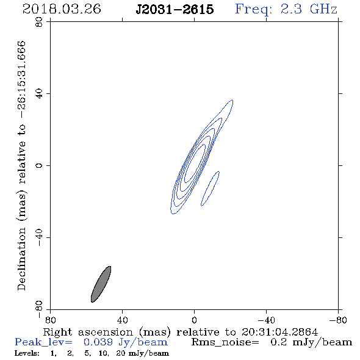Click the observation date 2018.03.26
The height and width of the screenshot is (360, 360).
(62, 9)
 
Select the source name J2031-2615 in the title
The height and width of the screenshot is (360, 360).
(175, 9)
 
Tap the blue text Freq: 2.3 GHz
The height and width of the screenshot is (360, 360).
(286, 9)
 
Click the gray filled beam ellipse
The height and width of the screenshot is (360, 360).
(101, 284)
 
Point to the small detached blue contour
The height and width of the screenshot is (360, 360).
(210, 189)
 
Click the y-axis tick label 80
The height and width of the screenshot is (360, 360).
(39, 22)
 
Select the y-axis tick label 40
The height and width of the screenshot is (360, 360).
(39, 94)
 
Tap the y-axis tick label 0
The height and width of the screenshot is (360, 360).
(39, 165)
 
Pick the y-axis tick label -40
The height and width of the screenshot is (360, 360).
(39, 237)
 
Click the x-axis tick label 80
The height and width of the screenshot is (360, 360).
(50, 320)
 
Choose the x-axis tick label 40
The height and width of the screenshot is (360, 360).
(122, 320)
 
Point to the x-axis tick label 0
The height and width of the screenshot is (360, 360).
(194, 320)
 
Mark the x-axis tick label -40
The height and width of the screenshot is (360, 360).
(266, 320)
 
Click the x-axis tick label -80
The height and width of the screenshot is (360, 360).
(338, 320)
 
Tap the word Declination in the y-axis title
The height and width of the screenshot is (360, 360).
(21, 259)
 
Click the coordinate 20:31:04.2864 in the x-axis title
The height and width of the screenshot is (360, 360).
(279, 332)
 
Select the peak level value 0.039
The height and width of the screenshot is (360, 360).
(98, 342)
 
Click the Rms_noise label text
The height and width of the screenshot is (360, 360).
(225, 342)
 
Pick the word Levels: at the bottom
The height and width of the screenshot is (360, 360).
(27, 353)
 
